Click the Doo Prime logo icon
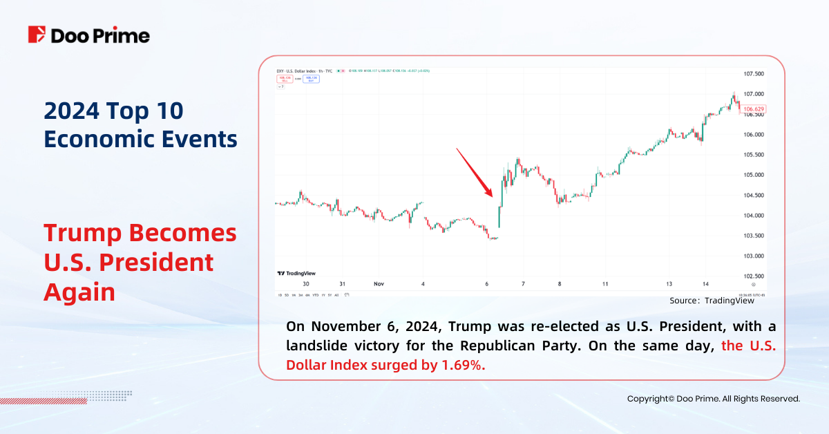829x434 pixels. click(x=37, y=35)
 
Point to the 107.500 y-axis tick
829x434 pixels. click(x=754, y=74)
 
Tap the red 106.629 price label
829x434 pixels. click(x=754, y=109)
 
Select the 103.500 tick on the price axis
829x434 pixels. click(x=754, y=236)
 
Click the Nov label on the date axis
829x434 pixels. click(x=378, y=284)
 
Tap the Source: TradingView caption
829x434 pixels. click(x=712, y=301)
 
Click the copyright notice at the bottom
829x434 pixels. click(x=713, y=399)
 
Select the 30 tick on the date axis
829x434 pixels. click(x=305, y=284)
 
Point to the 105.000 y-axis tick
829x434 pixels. click(x=754, y=175)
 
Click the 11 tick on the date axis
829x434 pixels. click(x=604, y=284)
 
